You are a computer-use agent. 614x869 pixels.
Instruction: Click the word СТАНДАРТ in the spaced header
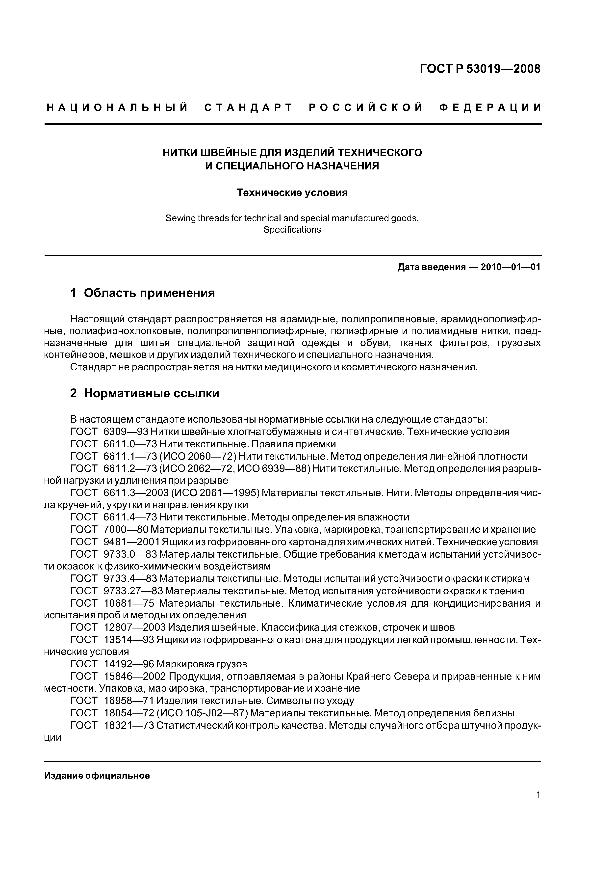(249, 108)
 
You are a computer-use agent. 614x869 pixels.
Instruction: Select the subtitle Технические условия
(292, 193)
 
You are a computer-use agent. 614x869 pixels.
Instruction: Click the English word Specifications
(292, 230)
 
